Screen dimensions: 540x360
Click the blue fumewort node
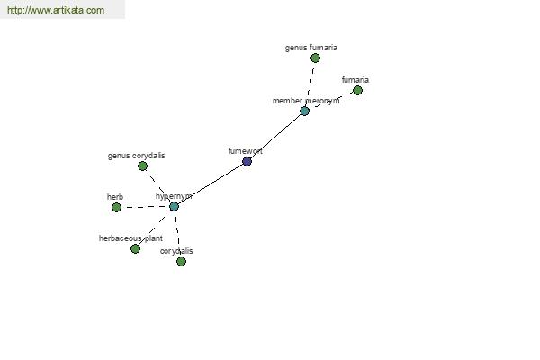pos(247,162)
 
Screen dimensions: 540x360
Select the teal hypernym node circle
pos(175,207)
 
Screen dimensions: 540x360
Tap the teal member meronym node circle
pos(304,112)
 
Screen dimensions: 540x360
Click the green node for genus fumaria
pos(315,58)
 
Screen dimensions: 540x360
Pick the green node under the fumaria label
pos(357,91)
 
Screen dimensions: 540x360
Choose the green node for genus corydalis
pos(142,166)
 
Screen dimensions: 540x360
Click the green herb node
pos(116,207)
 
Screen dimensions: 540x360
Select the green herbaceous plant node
pos(135,248)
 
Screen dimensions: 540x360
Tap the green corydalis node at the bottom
pos(181,262)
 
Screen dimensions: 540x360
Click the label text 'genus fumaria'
pos(311,48)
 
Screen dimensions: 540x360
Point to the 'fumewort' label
pos(245,151)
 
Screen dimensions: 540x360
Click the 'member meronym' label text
pos(306,101)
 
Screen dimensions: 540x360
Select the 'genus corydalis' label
pos(137,156)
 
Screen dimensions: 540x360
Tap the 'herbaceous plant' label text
pos(130,238)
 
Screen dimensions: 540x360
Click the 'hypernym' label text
pos(174,196)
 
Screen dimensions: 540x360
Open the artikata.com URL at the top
pos(56,10)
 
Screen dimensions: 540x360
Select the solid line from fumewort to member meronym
pos(275,135)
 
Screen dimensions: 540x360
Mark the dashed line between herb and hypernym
pos(146,207)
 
